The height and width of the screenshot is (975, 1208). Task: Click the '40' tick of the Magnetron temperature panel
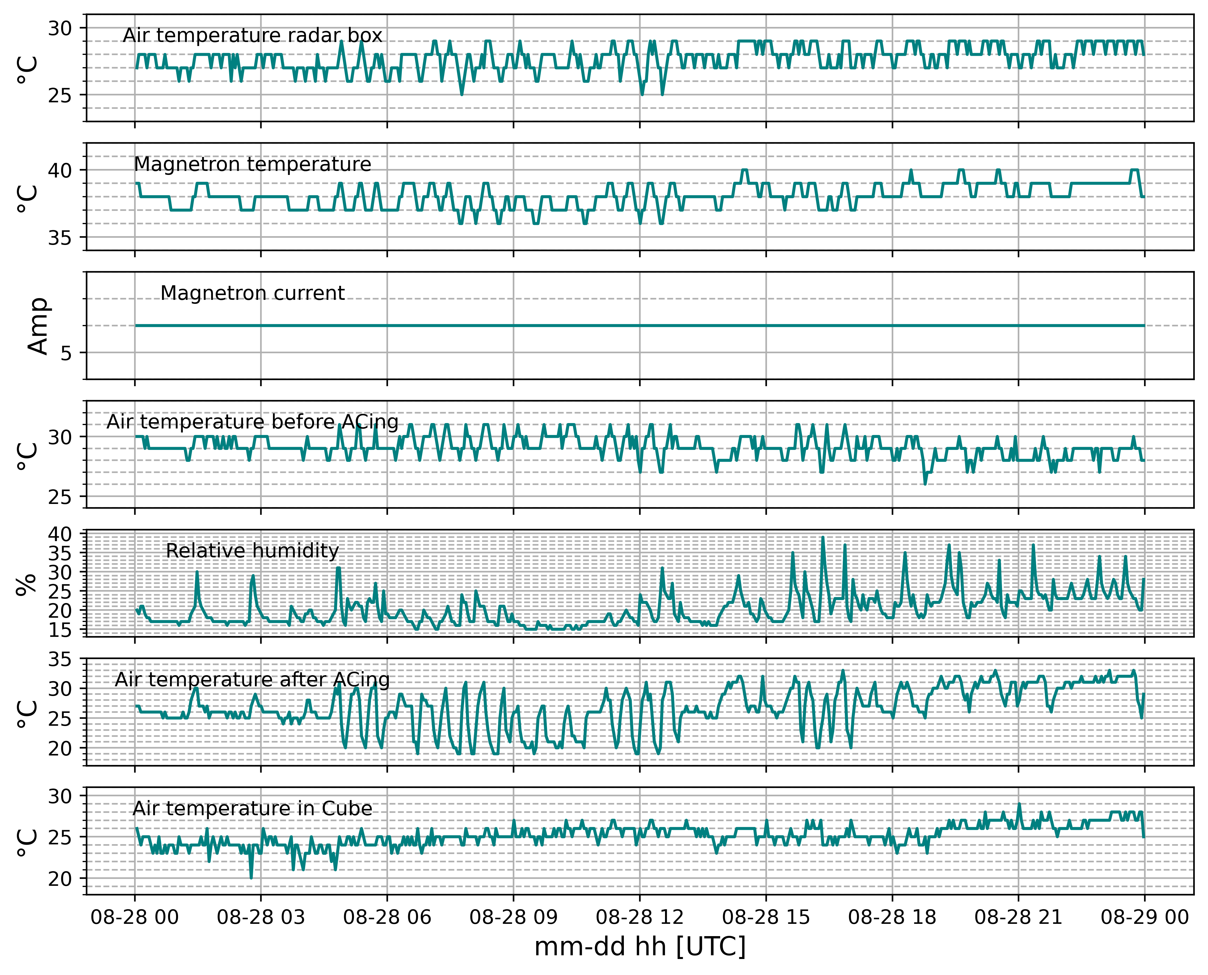point(60,170)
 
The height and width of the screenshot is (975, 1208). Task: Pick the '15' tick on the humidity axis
point(60,631)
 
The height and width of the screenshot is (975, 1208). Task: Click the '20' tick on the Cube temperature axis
point(60,879)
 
